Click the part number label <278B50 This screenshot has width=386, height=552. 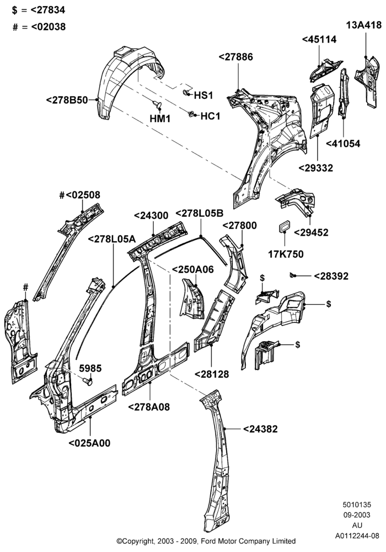[67, 100]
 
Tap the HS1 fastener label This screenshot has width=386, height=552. [203, 95]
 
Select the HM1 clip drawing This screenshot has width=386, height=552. [157, 104]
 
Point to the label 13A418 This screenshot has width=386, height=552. [364, 25]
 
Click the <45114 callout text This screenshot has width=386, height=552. [319, 39]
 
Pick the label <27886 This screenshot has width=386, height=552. [235, 57]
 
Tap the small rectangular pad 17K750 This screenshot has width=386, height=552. [284, 227]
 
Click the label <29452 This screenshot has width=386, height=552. [311, 232]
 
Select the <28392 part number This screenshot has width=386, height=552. [331, 277]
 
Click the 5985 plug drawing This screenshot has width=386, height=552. [88, 381]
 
